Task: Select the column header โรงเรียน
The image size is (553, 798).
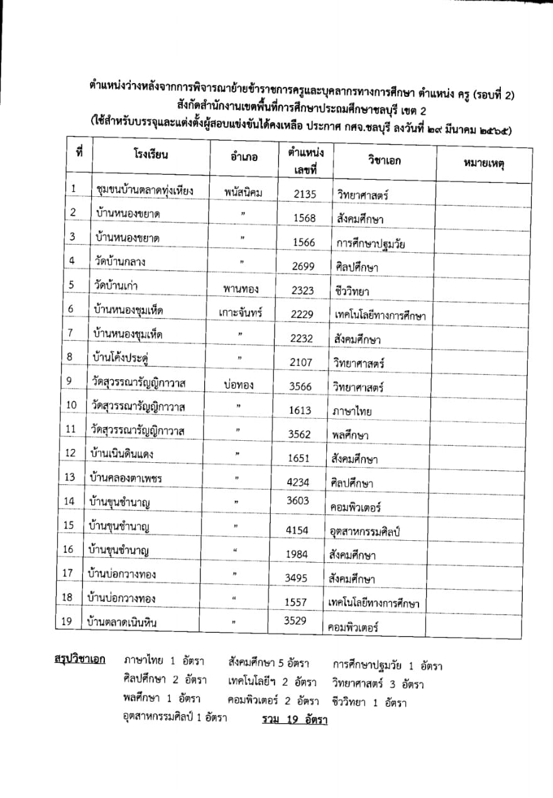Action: tap(151, 155)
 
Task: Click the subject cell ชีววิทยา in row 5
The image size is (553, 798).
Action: tap(353, 291)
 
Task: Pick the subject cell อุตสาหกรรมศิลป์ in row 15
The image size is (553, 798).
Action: tap(365, 532)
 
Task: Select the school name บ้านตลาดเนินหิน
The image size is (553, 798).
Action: tap(122, 623)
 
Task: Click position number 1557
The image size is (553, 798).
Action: tap(295, 602)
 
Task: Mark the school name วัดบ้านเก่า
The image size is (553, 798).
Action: tap(114, 285)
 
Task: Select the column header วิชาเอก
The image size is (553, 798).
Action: tap(385, 160)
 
